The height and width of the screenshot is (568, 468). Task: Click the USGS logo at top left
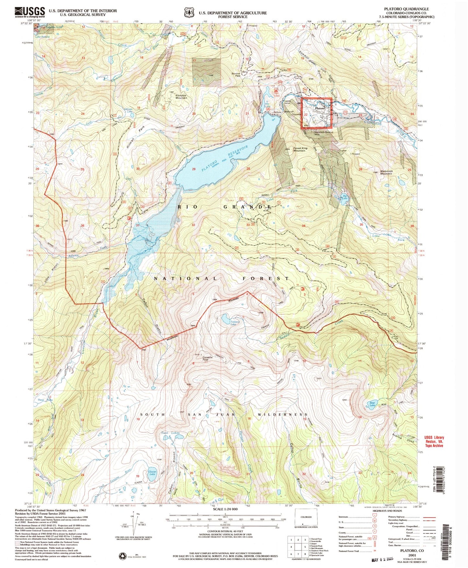tap(29, 12)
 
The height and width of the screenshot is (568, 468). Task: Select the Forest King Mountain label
tap(301, 149)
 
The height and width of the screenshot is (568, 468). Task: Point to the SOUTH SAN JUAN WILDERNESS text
tap(223, 415)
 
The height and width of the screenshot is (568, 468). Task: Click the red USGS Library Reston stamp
tap(434, 441)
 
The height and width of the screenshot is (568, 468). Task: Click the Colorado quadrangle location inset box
tap(306, 522)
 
